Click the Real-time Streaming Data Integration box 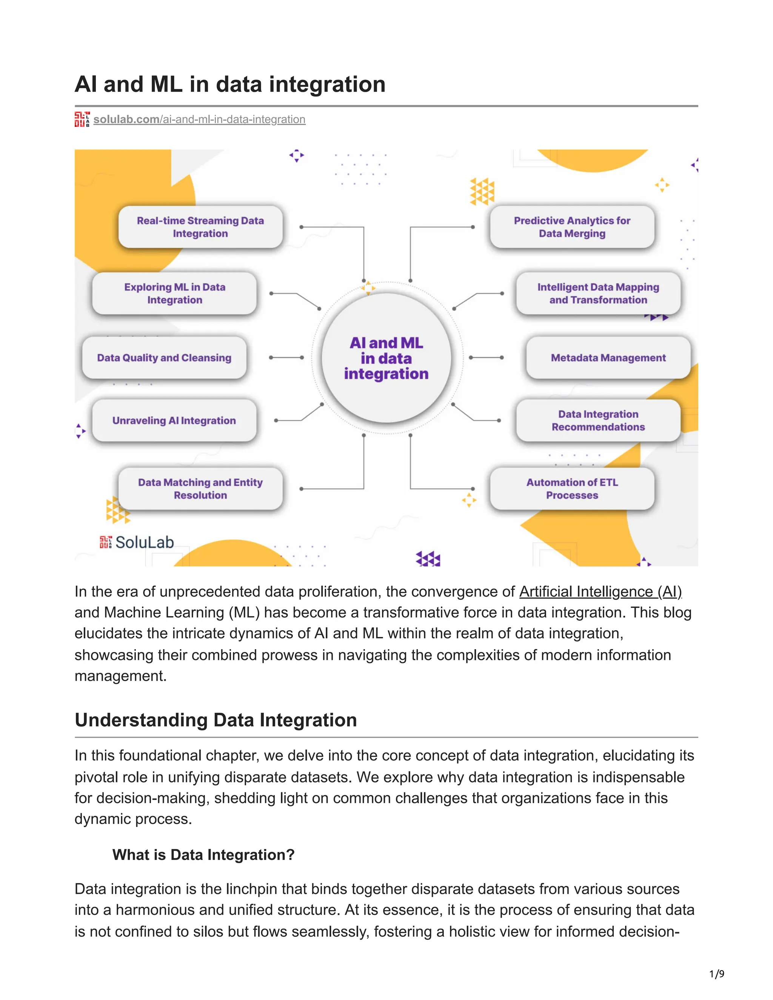(x=200, y=227)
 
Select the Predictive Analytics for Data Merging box (x=572, y=227)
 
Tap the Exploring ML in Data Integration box (x=174, y=294)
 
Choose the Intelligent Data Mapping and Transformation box (x=598, y=294)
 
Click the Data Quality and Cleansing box (x=164, y=358)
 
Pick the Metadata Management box (x=608, y=358)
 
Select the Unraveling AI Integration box (x=174, y=420)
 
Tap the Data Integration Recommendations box (x=598, y=420)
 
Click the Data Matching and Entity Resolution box (x=200, y=489)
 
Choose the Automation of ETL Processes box (x=572, y=489)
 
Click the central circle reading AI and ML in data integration (x=386, y=358)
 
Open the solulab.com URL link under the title (x=199, y=120)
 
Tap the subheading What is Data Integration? (x=203, y=855)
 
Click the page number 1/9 (x=717, y=974)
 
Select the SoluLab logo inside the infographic (x=137, y=542)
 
